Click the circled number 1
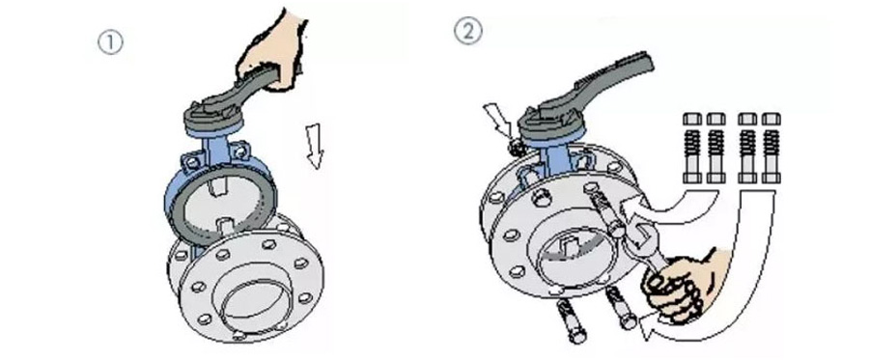pyautogui.click(x=110, y=43)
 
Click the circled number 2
pyautogui.click(x=468, y=31)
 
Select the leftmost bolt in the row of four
pyautogui.click(x=692, y=148)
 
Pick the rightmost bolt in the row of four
pyautogui.click(x=771, y=148)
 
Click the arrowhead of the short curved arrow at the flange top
pyautogui.click(x=631, y=210)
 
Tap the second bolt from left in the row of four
pyautogui.click(x=716, y=148)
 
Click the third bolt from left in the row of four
pyautogui.click(x=747, y=148)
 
